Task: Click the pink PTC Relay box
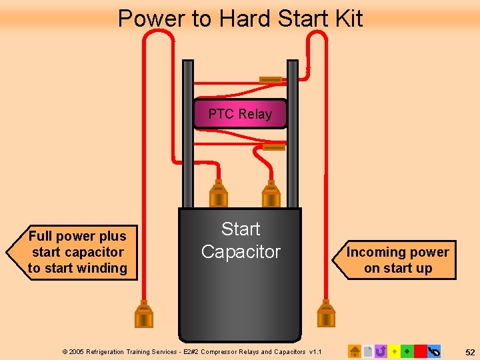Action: pyautogui.click(x=240, y=113)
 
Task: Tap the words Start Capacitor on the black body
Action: pyautogui.click(x=241, y=240)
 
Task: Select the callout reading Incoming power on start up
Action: pyautogui.click(x=395, y=260)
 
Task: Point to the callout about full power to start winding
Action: pyautogui.click(x=72, y=253)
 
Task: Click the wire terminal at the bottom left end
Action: pyautogui.click(x=144, y=314)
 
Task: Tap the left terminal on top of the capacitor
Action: pyautogui.click(x=218, y=194)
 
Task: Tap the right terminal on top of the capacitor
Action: pyautogui.click(x=271, y=194)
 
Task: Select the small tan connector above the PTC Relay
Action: pyautogui.click(x=271, y=80)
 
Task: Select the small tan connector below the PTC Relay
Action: pyautogui.click(x=274, y=147)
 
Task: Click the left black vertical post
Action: pyautogui.click(x=187, y=134)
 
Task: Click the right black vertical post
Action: pyautogui.click(x=293, y=134)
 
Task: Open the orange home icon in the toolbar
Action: pyautogui.click(x=355, y=351)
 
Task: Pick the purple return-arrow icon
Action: pyautogui.click(x=381, y=351)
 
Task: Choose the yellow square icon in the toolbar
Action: pyautogui.click(x=394, y=351)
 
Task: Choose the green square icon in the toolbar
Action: pyautogui.click(x=407, y=351)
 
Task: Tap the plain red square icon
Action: pyautogui.click(x=420, y=351)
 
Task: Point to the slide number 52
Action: pyautogui.click(x=470, y=353)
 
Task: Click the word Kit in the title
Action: pyautogui.click(x=349, y=18)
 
